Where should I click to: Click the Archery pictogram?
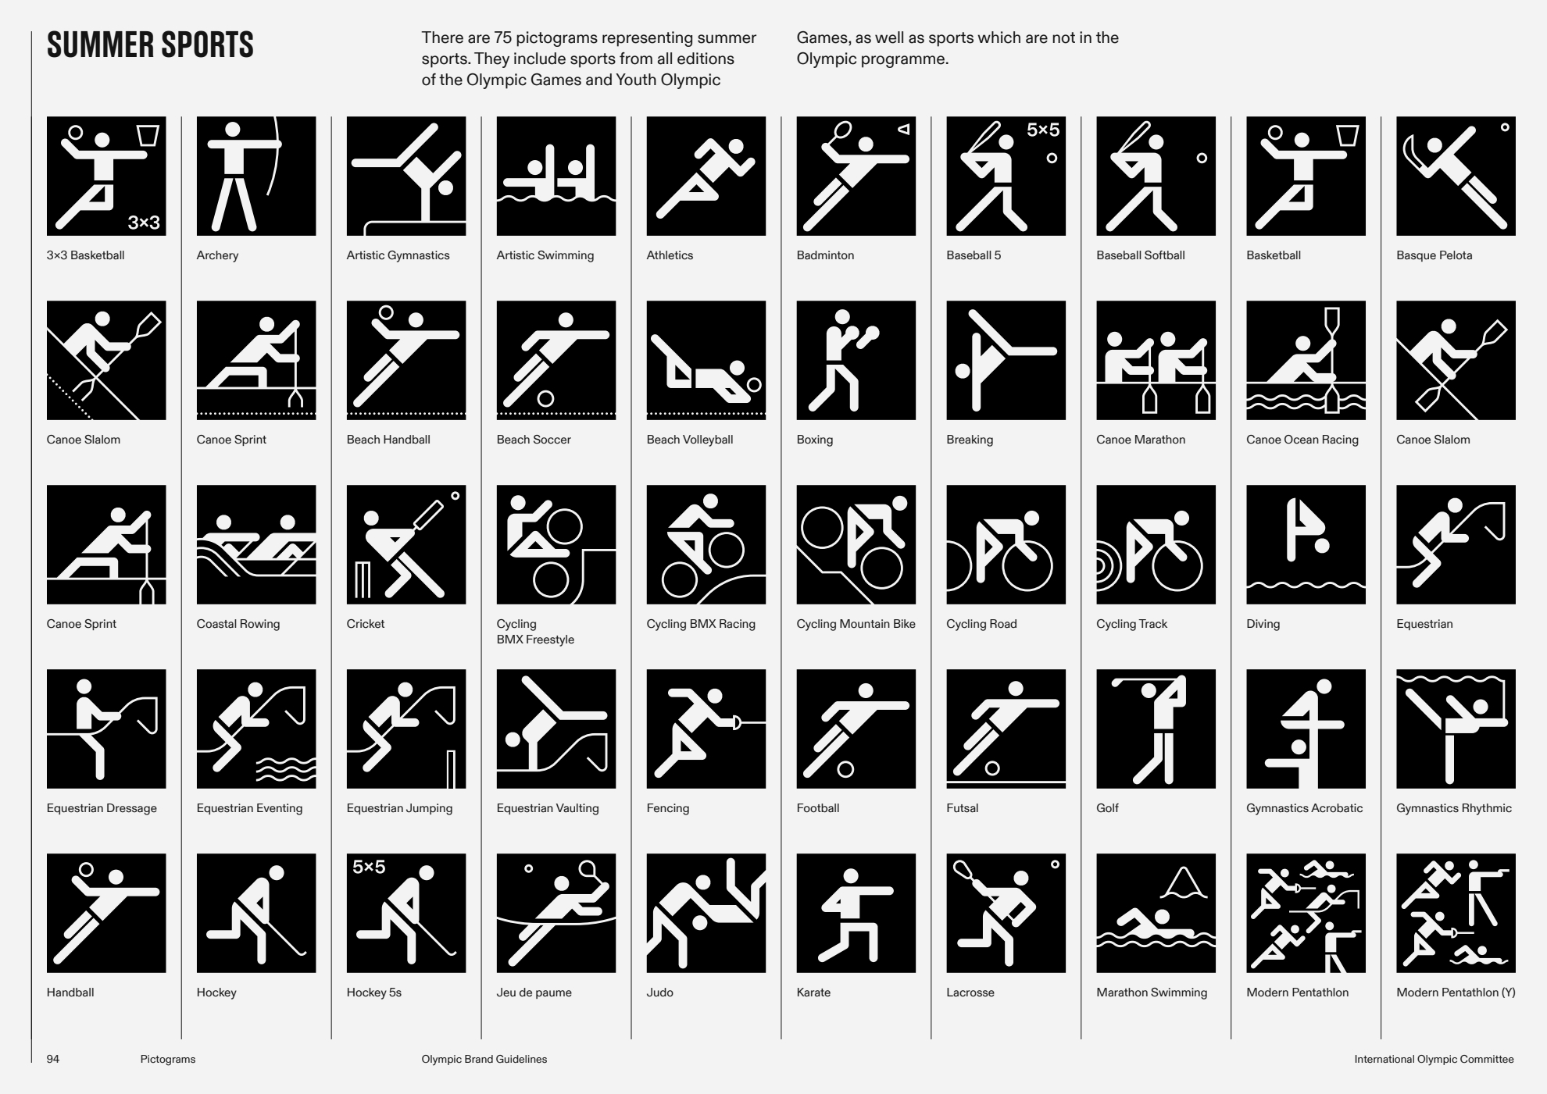click(x=256, y=176)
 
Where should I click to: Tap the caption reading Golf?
click(x=1107, y=808)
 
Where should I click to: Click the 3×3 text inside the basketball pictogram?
click(x=144, y=223)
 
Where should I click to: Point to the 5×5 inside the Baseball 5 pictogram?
click(x=1043, y=130)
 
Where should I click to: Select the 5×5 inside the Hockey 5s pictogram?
click(x=369, y=867)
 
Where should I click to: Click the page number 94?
click(x=53, y=1060)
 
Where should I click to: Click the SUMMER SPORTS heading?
click(x=150, y=45)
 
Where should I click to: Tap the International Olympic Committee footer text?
click(x=1434, y=1060)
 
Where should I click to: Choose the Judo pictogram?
click(x=706, y=913)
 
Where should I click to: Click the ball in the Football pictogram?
click(x=845, y=770)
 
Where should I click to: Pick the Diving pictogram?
click(x=1306, y=544)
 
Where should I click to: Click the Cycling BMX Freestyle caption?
click(x=535, y=632)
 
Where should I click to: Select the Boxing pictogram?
click(x=856, y=360)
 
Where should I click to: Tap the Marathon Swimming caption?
click(x=1152, y=992)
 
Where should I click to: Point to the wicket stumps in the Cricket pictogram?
click(x=363, y=579)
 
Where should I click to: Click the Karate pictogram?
click(x=856, y=913)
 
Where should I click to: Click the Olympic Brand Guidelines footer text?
click(x=484, y=1060)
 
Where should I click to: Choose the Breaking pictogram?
click(x=1006, y=360)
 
